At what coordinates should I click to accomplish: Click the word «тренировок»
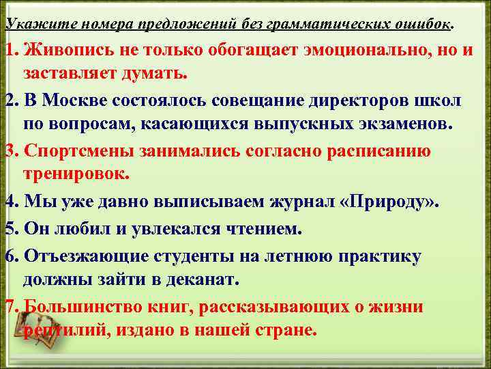pyautogui.click(x=76, y=175)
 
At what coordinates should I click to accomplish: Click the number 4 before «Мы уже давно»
pyautogui.click(x=10, y=202)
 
